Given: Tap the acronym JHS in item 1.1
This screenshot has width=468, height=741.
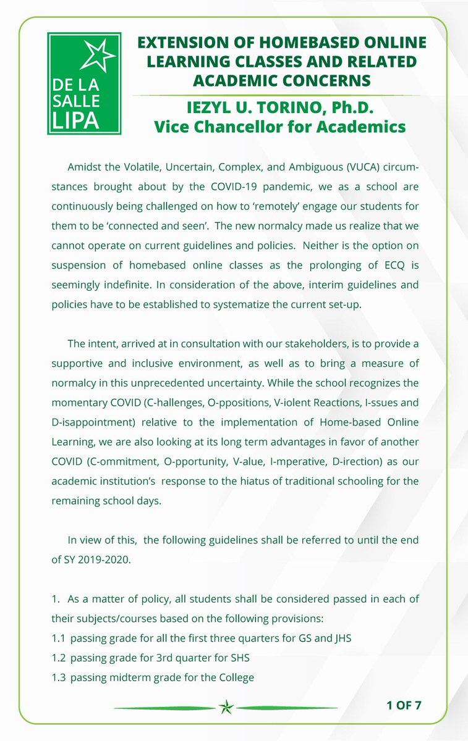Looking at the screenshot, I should tap(340, 638).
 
